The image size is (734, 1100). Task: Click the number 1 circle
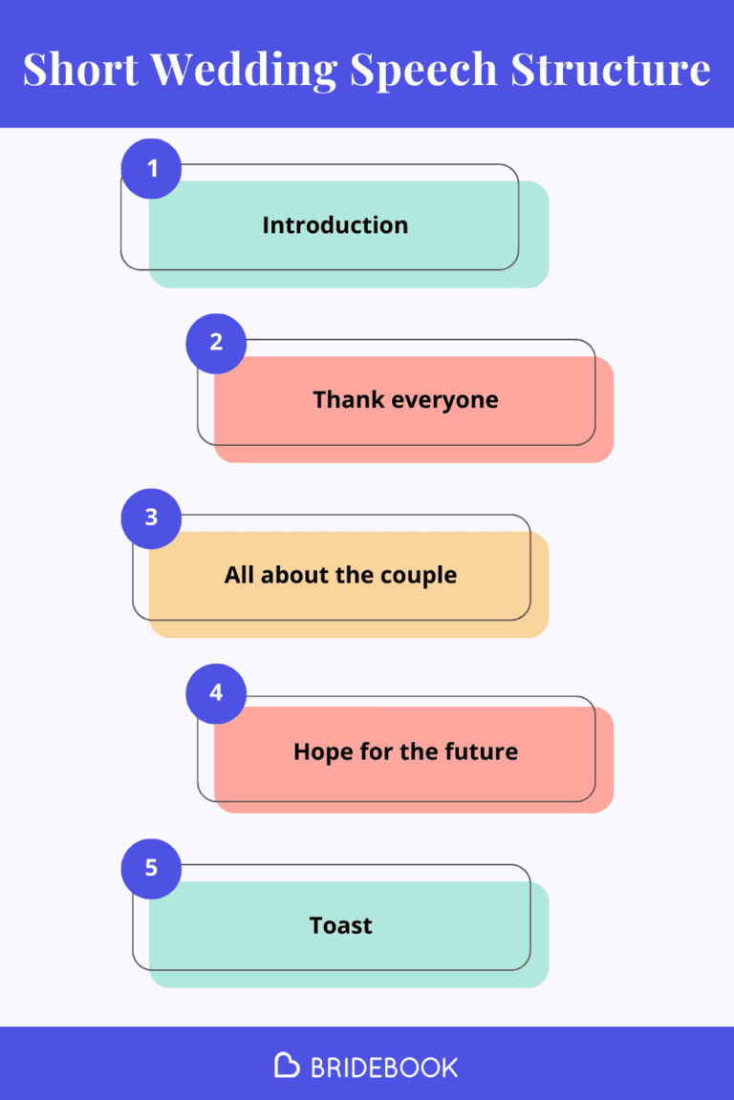pos(151,169)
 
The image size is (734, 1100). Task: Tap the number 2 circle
pos(216,343)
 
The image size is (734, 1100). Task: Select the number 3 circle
pos(151,518)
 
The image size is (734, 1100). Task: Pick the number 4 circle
pos(216,693)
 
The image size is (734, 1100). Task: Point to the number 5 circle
pos(151,869)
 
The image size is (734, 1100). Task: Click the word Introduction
pos(335,225)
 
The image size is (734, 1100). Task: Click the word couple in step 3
pos(419,576)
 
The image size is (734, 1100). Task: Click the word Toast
pos(341,925)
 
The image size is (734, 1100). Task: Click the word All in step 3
pos(239,575)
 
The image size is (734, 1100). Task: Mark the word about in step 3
pos(294,575)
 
